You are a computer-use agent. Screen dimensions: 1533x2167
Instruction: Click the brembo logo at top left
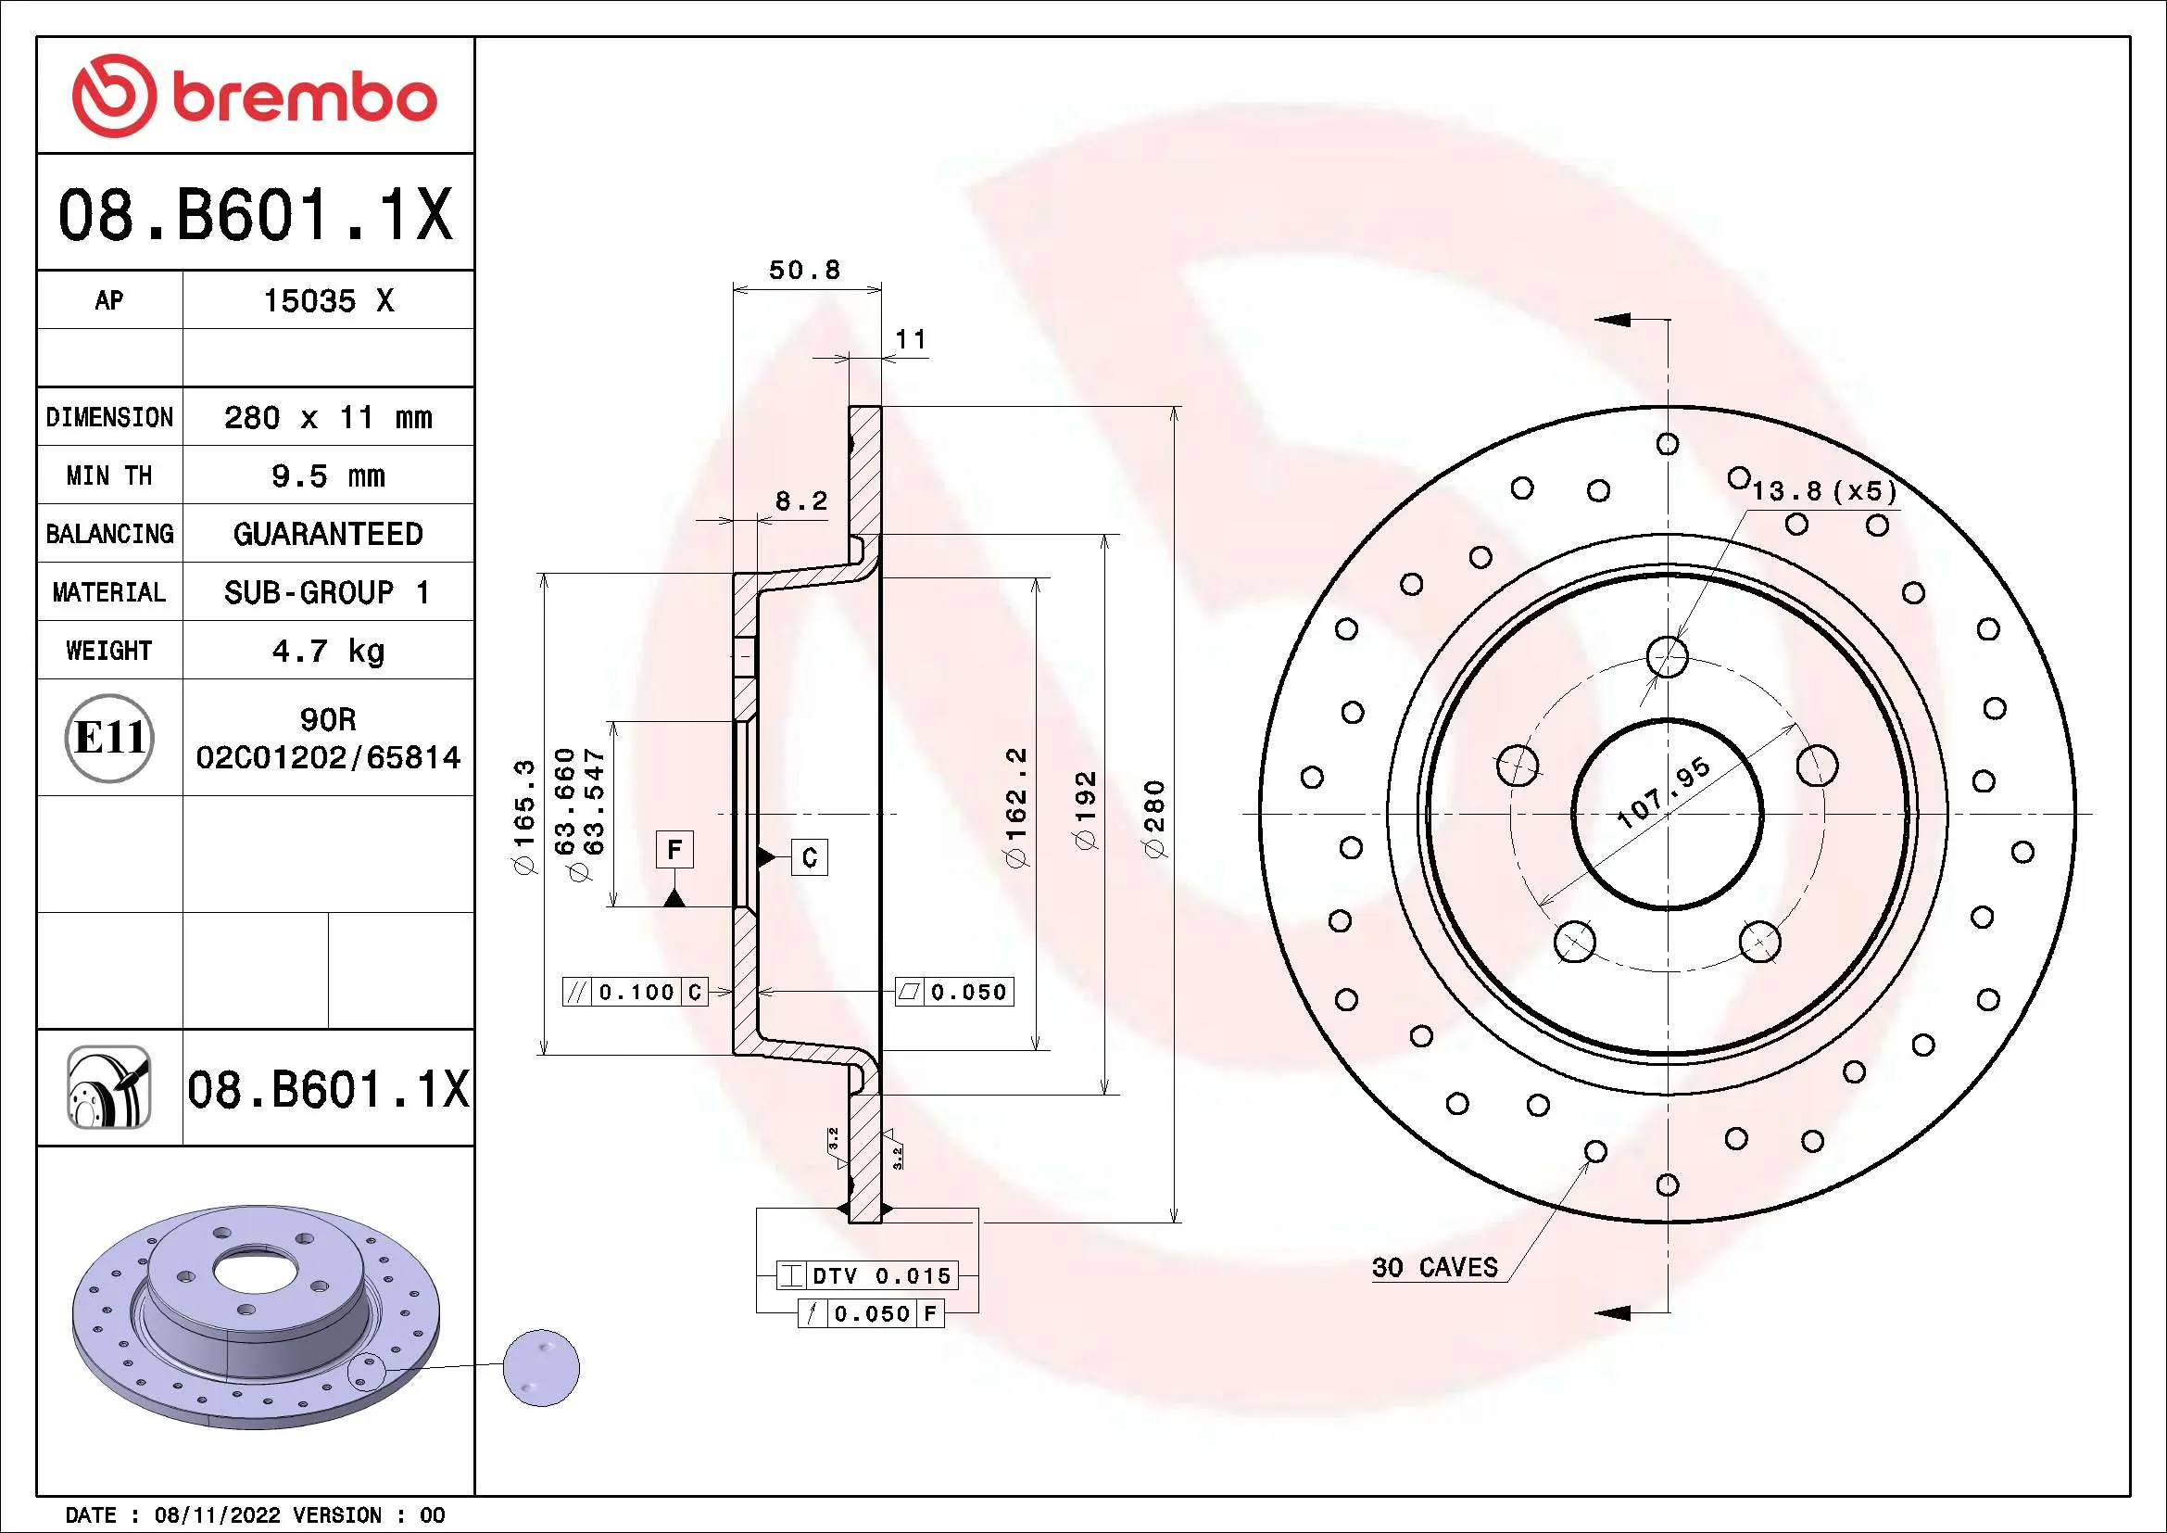tap(255, 96)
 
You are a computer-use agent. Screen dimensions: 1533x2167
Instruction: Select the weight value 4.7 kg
tap(327, 651)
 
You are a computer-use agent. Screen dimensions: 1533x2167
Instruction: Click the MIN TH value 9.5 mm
tap(327, 475)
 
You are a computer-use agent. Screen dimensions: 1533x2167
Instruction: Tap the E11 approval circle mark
tap(109, 737)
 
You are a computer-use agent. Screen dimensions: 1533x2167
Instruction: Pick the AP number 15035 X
tap(327, 301)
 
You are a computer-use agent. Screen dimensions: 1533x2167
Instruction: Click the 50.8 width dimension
tap(804, 270)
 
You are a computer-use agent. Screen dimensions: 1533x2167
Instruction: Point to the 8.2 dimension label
tap(800, 500)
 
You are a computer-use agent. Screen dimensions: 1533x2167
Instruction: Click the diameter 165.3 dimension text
tap(524, 816)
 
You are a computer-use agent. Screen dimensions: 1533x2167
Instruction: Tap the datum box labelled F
tap(674, 850)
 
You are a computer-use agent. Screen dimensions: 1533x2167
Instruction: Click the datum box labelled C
tap(809, 857)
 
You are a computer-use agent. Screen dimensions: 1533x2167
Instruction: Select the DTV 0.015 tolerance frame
tap(867, 1276)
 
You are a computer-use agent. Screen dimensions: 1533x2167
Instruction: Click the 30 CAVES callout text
tap(1434, 1268)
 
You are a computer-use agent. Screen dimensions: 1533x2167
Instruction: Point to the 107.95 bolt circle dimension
tap(1663, 793)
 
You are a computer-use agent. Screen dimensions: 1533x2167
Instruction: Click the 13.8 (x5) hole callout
tap(1823, 491)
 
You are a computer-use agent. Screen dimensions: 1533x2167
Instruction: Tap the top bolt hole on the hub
tap(1667, 655)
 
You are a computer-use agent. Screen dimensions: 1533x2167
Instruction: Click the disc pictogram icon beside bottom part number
tap(108, 1087)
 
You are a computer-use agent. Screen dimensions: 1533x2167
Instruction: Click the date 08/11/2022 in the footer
tap(217, 1515)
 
